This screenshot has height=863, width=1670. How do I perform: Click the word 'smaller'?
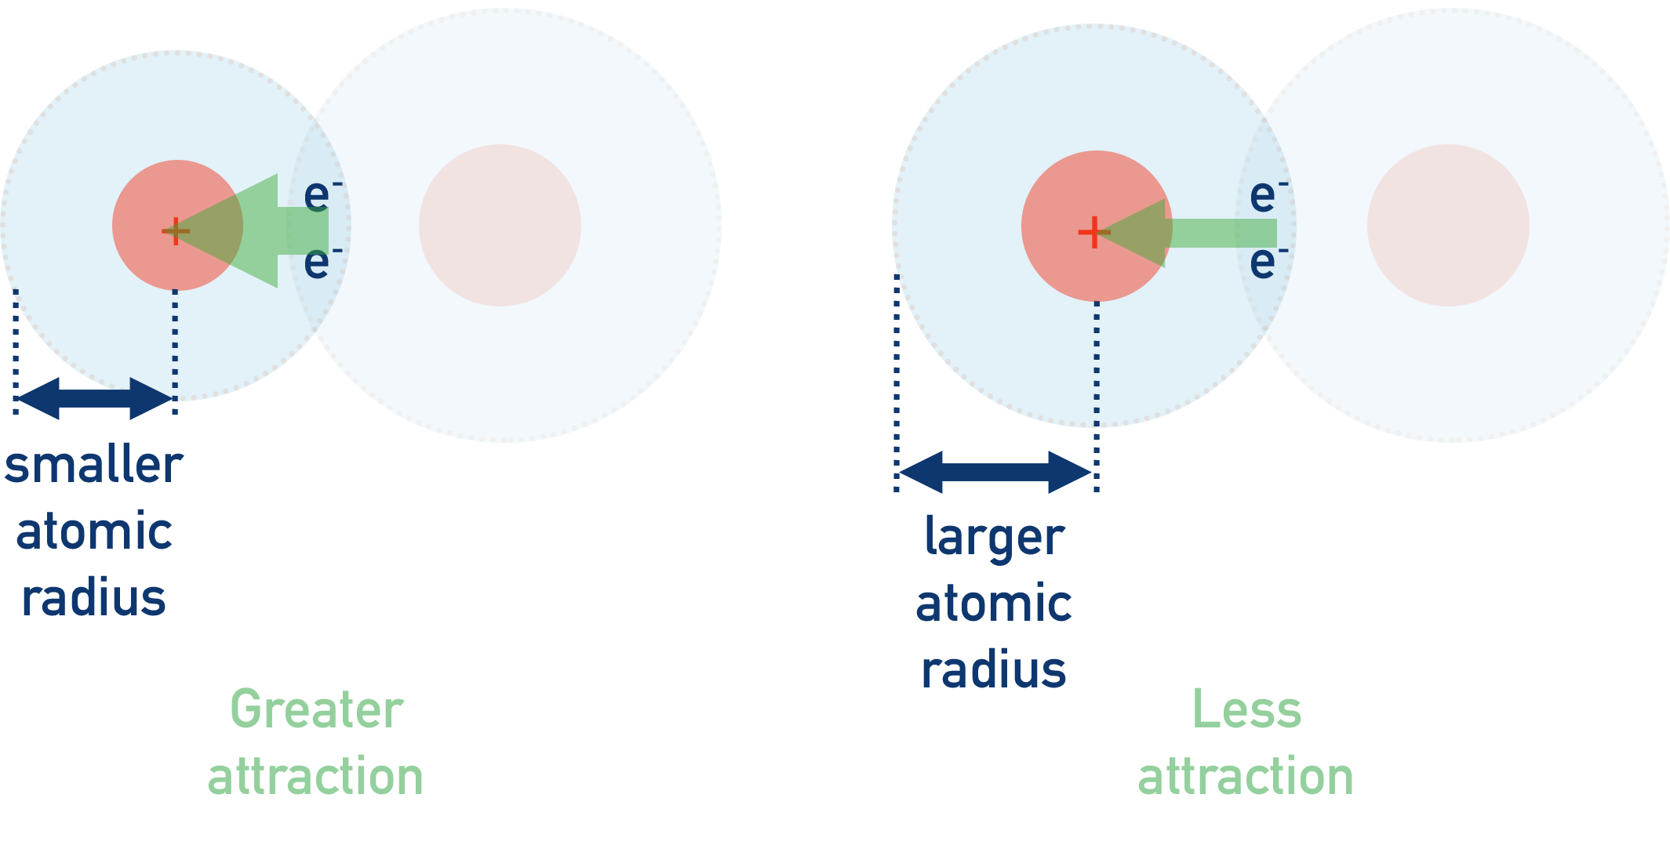point(93,466)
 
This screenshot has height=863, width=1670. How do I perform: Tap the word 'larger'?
point(993,538)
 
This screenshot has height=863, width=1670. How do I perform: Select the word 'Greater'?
point(316,710)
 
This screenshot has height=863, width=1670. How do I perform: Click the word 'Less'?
point(1246,710)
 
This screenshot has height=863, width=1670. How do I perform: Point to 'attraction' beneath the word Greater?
point(315,776)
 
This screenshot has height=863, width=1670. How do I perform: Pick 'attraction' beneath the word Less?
point(1246,776)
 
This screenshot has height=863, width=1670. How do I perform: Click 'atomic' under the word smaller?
point(94,532)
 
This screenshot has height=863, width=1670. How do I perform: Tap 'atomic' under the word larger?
point(993,604)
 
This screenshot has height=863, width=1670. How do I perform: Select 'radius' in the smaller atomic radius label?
point(94,597)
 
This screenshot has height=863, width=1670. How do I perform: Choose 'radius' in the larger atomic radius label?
point(993,670)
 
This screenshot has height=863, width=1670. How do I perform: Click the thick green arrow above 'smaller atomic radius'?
point(259,230)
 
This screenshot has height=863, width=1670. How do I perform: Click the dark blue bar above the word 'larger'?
point(995,471)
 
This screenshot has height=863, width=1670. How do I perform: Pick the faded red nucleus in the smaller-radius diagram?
point(500,225)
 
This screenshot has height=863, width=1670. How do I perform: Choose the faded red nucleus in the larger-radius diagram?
point(1448,225)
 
